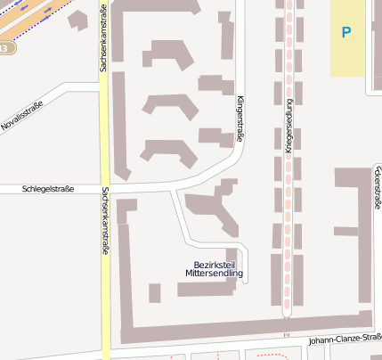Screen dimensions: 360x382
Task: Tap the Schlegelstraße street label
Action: point(47,189)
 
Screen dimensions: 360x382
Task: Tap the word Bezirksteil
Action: point(214,265)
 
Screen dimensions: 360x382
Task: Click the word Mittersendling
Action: point(214,274)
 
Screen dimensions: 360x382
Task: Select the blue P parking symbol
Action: point(345,33)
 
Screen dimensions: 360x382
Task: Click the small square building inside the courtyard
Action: point(155,292)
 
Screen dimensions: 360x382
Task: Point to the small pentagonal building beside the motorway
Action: point(78,19)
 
